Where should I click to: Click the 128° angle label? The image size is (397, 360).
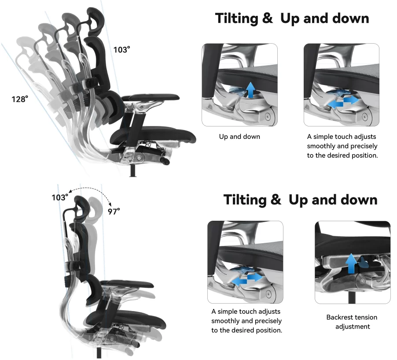coord(20,99)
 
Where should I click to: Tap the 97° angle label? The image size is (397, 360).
coord(114,211)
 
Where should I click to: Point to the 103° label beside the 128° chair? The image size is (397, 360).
coord(122,49)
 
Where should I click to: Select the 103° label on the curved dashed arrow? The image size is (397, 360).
coord(60,197)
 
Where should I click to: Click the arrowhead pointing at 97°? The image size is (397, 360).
coord(110,204)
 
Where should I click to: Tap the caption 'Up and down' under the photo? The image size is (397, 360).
coord(239,137)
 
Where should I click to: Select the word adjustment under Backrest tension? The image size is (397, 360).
coord(353,327)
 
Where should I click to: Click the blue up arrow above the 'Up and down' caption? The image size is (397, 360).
coord(251,90)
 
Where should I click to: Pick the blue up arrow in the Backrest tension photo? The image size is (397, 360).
coord(352,264)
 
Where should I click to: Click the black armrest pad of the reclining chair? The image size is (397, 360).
coord(151,97)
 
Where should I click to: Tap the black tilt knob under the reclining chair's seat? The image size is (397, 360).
coord(165,161)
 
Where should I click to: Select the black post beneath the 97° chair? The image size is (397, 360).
coord(99,353)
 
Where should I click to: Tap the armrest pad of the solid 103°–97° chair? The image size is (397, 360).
coord(127,284)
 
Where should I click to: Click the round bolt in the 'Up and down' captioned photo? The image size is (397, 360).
coord(268,116)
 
